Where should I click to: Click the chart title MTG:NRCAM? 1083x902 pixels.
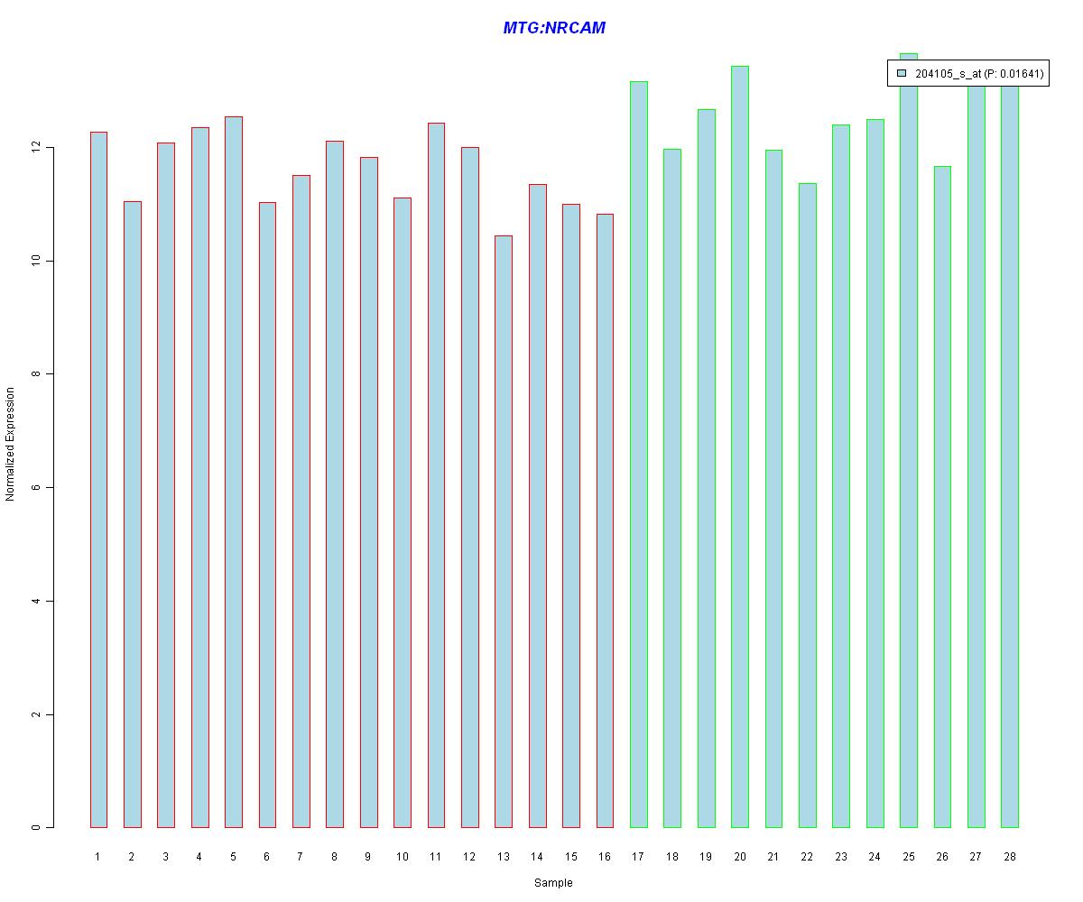[x=554, y=28]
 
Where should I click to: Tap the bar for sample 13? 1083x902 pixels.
[x=504, y=531]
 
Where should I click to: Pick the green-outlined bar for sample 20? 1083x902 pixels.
[x=740, y=446]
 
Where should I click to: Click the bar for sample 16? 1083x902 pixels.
[x=605, y=520]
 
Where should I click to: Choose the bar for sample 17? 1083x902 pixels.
[x=639, y=455]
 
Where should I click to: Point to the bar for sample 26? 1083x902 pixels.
[x=942, y=497]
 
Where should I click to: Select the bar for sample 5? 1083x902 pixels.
[x=234, y=472]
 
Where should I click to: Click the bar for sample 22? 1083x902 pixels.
[x=808, y=505]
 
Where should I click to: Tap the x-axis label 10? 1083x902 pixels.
[x=402, y=857]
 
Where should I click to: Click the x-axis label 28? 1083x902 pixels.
[x=1010, y=857]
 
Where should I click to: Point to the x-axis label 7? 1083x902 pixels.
[x=301, y=857]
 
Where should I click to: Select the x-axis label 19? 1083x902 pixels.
[x=706, y=857]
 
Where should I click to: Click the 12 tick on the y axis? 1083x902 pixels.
[x=36, y=147]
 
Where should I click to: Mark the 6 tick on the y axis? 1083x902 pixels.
[x=36, y=488]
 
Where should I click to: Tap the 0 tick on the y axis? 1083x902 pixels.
[x=36, y=827]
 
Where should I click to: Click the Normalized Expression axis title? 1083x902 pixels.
[x=10, y=444]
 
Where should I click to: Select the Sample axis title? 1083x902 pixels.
[x=553, y=883]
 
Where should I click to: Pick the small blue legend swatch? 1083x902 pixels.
[x=901, y=73]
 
